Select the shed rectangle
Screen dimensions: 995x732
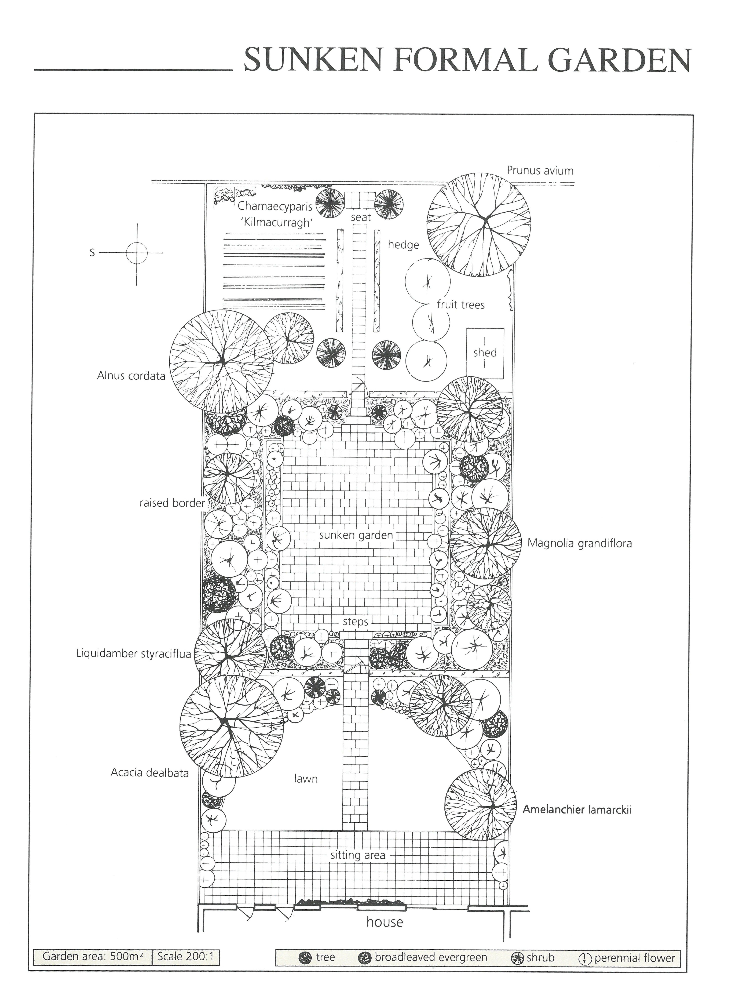tap(485, 353)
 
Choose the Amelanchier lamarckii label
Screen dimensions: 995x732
tap(577, 810)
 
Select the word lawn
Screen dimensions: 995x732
tap(306, 779)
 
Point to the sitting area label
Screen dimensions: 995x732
tap(358, 855)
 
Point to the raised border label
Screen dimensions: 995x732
tap(172, 503)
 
